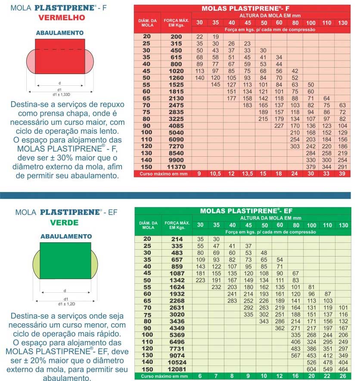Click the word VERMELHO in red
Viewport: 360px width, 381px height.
[x=62, y=18]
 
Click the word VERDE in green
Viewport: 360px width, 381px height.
[x=64, y=223]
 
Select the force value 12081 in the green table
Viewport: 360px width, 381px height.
[x=177, y=369]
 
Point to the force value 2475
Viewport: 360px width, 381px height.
[x=177, y=105]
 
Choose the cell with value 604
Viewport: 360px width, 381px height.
[x=310, y=369]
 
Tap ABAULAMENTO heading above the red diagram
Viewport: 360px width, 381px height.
[x=60, y=33]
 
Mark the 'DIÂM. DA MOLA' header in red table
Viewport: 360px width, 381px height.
[x=148, y=22]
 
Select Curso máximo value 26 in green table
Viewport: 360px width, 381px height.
[x=343, y=376]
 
